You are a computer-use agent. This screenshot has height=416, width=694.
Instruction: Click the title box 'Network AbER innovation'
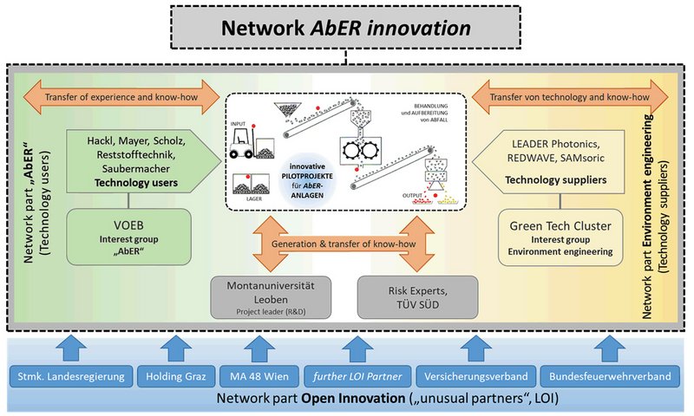click(347, 29)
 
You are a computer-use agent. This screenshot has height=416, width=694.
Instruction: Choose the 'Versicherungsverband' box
click(469, 377)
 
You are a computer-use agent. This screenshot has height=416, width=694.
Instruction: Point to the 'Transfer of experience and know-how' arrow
click(120, 97)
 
